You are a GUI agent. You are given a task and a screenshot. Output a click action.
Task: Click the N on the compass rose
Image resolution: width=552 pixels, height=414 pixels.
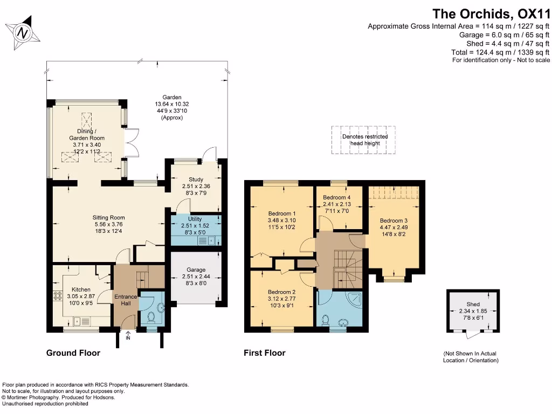pos(23,33)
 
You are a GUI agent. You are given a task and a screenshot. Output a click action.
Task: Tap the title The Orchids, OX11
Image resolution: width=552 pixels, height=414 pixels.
pos(491,13)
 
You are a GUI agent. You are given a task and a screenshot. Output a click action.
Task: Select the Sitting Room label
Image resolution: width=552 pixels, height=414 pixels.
pos(109,218)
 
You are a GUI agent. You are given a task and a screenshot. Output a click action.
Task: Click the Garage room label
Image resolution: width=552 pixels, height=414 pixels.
pos(196,270)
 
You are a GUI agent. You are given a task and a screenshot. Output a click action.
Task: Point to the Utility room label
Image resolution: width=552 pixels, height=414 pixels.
pos(195,219)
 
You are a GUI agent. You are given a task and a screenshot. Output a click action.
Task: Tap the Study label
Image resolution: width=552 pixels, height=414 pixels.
pos(196,180)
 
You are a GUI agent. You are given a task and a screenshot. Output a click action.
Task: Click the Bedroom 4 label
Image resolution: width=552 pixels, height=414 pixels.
pos(337,197)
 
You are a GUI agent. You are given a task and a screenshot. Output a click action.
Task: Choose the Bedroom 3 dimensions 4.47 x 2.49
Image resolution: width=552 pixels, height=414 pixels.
pos(394,227)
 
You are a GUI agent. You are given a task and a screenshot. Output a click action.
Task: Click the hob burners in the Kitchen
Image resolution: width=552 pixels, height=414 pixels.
pos(57,296)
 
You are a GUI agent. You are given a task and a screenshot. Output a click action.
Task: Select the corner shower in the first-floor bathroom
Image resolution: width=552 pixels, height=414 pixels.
pos(355,299)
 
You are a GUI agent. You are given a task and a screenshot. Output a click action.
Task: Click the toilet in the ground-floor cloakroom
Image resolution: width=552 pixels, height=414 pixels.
pos(152,317)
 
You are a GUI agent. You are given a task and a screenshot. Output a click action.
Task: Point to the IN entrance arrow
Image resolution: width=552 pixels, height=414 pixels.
pos(128,335)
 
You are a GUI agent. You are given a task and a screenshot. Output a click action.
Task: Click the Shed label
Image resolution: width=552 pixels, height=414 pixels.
pos(473,304)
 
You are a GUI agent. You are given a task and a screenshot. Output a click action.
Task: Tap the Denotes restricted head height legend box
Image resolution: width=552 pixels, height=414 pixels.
pos(363,140)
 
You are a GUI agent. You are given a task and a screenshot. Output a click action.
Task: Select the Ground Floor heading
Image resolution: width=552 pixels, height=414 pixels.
pos(73,353)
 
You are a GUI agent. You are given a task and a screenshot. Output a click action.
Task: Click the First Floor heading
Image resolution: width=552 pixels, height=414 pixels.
pos(265,353)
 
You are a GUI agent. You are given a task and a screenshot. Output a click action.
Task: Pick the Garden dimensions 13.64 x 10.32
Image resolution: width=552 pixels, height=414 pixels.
pos(172,104)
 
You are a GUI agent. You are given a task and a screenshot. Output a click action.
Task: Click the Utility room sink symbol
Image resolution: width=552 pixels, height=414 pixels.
pos(206,241)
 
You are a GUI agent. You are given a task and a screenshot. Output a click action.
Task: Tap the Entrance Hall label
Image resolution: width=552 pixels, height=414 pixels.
pos(126,300)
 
